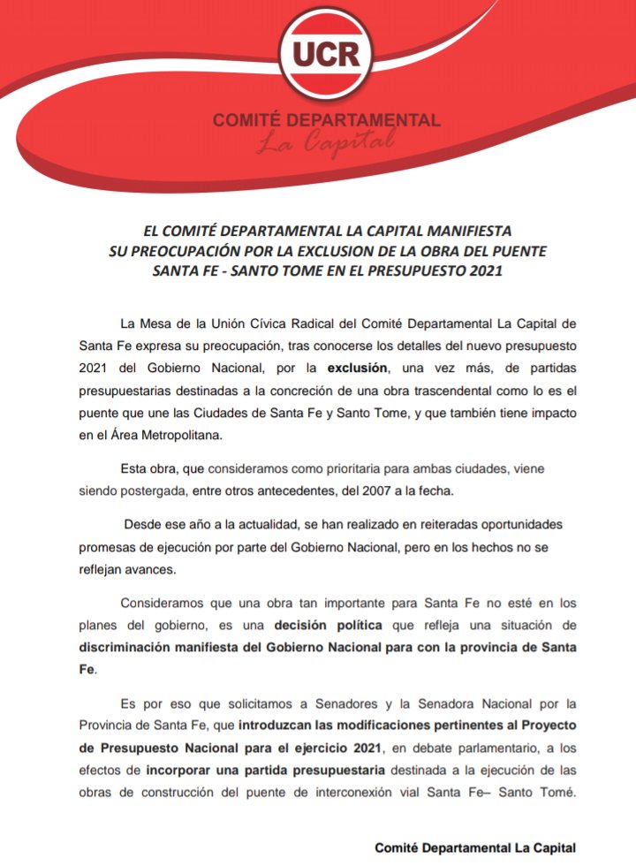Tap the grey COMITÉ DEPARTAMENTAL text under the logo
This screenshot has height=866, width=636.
pyautogui.click(x=326, y=119)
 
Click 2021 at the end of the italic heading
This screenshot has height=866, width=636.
pyautogui.click(x=482, y=270)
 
